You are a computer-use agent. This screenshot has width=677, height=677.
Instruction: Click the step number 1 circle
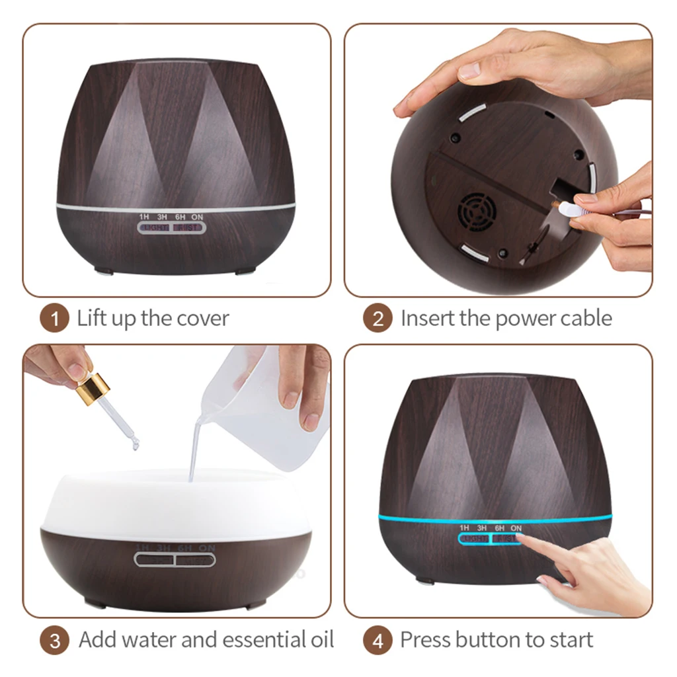click(54, 319)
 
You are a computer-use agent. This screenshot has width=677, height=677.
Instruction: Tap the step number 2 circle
click(378, 319)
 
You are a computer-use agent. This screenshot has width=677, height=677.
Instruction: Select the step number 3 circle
click(54, 641)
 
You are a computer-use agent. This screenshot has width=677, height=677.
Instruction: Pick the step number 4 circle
click(378, 641)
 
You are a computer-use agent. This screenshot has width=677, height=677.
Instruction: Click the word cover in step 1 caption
click(202, 319)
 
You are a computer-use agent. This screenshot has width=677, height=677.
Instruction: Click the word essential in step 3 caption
click(260, 640)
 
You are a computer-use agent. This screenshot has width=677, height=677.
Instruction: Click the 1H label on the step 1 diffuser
click(143, 217)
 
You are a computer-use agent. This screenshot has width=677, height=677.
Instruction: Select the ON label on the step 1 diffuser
click(197, 217)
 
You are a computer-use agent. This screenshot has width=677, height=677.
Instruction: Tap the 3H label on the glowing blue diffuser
click(481, 528)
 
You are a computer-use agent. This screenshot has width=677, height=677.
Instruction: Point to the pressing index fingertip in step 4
click(522, 539)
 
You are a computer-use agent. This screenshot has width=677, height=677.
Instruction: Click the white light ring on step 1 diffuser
click(175, 206)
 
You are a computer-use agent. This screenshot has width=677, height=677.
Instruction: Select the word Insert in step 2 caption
click(428, 319)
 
